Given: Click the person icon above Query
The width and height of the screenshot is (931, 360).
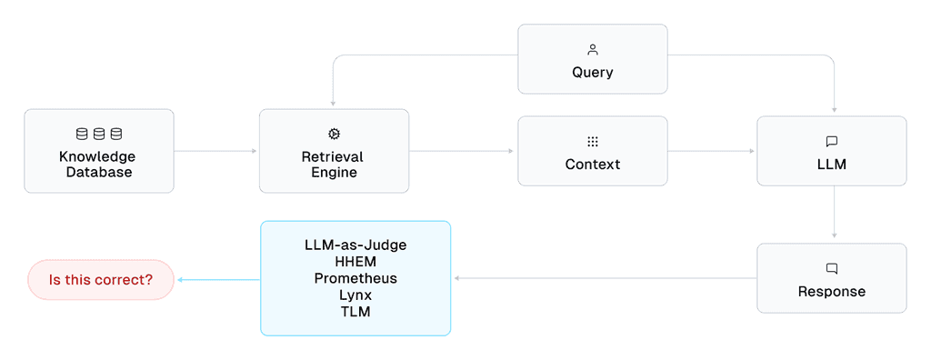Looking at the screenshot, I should tap(593, 50).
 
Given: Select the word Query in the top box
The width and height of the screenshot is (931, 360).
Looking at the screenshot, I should tap(593, 73).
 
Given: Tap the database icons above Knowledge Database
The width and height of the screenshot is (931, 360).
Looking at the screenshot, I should tap(99, 135).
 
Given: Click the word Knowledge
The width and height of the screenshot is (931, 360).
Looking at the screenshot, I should tap(99, 156).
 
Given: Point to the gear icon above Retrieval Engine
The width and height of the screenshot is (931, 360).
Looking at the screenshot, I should tap(334, 135).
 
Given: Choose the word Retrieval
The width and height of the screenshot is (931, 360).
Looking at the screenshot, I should tap(334, 156).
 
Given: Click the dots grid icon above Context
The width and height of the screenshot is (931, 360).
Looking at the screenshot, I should tap(593, 142).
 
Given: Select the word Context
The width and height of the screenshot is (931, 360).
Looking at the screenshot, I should tap(593, 165).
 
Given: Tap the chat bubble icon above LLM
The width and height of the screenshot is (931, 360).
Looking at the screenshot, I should tap(831, 142).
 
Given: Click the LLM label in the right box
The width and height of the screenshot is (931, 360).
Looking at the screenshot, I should tap(831, 165).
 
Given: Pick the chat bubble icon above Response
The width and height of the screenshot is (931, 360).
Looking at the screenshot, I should tap(831, 269).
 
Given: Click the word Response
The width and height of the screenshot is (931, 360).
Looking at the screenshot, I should tap(831, 292).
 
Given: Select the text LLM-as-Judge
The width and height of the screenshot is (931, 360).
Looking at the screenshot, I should tap(355, 245).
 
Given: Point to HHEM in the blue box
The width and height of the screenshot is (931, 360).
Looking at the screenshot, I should tap(355, 262).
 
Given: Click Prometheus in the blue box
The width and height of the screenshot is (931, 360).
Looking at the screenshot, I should tap(355, 278).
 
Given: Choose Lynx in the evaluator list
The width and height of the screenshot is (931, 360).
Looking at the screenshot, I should tap(355, 295).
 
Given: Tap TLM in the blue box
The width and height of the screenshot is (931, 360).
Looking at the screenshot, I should tap(355, 311).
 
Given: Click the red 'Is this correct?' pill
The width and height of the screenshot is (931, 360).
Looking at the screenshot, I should tap(101, 280).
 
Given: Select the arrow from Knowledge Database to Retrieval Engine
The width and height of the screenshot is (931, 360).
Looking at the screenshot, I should tap(215, 151).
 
